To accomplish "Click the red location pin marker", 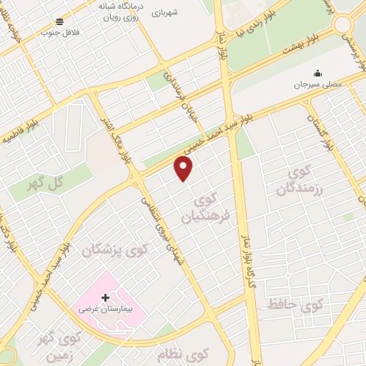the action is (x=184, y=169).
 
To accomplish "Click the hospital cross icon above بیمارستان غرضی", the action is (x=106, y=297).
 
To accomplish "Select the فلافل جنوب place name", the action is (x=60, y=32).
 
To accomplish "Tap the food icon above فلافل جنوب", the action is (x=60, y=21).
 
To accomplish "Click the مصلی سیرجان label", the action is (x=317, y=84).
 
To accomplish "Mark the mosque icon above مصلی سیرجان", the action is (x=317, y=73).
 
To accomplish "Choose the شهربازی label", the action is (x=184, y=12).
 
